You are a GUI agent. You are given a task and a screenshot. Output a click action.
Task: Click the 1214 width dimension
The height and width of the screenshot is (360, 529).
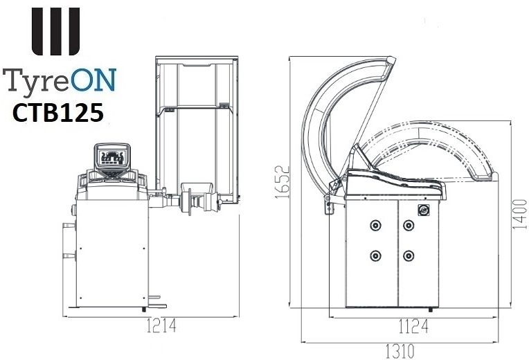coord(161,325)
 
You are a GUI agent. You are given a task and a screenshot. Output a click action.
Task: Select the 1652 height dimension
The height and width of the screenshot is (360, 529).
coord(283,182)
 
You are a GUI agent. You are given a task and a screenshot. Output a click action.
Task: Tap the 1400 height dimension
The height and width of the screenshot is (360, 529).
coord(519,214)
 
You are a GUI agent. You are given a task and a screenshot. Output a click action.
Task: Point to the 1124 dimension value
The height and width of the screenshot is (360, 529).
coord(413,326)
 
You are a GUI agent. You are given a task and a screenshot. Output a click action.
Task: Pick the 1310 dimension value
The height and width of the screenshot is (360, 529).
coord(400,352)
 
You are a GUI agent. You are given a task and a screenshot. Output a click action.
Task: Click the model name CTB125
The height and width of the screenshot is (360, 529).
coord(57,113)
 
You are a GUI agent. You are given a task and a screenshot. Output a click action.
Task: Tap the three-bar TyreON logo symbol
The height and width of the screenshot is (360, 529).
coord(55,31)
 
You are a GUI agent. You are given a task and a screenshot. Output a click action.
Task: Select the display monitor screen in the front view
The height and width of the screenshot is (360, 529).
coord(112,157)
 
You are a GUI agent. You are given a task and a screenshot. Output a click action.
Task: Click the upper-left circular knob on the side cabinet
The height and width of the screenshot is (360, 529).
coord(375,225)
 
